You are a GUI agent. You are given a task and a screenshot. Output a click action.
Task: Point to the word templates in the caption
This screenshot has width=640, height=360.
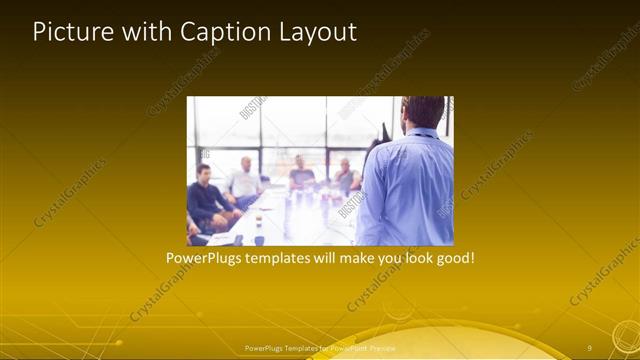(278, 258)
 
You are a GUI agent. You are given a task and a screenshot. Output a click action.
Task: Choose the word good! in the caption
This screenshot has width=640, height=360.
(455, 258)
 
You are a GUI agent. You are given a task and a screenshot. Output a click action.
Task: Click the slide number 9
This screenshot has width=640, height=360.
(590, 348)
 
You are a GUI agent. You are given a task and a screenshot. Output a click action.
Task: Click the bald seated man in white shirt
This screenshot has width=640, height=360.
(243, 181)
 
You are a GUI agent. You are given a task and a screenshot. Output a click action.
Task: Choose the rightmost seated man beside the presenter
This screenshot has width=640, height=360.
(346, 175)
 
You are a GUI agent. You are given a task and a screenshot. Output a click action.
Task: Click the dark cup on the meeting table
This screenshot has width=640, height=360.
(259, 239)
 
